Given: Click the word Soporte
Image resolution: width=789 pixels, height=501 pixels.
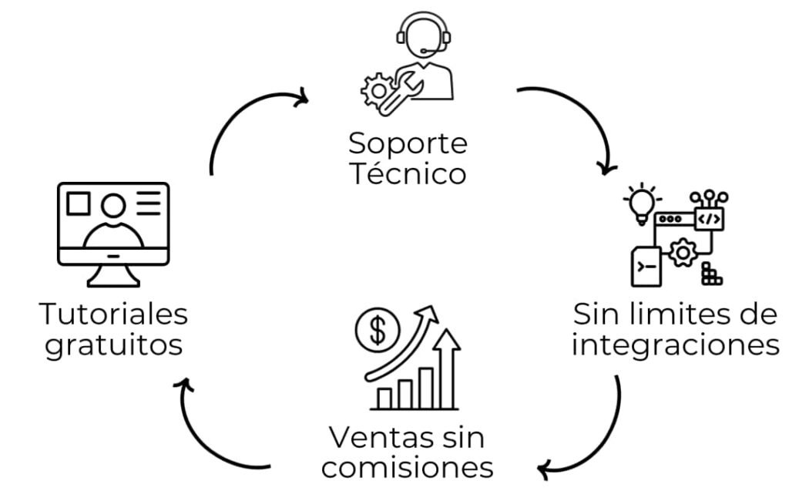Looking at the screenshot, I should click(408, 143).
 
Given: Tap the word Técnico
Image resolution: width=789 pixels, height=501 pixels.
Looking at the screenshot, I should click(408, 173).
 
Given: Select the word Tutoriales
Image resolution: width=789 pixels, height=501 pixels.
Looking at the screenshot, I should click(113, 314).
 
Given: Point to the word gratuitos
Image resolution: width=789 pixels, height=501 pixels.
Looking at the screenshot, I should click(113, 345).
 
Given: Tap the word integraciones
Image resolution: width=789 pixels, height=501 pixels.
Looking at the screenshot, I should click(676, 345).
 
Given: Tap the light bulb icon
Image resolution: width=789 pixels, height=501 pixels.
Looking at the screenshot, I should click(642, 203).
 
